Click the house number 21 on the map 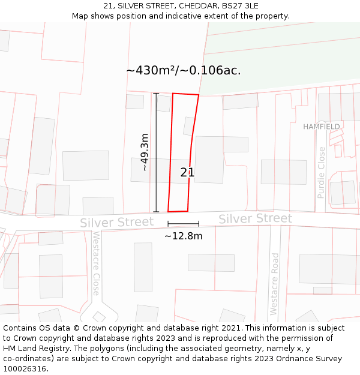click(187, 173)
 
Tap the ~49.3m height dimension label click(145, 152)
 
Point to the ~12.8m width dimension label click(184, 236)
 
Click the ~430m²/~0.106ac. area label click(183, 70)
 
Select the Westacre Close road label click(96, 263)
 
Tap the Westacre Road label click(275, 284)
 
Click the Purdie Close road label click(322, 172)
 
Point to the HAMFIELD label click(321, 127)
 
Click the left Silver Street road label click(117, 223)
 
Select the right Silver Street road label click(255, 219)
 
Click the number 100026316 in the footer click(25, 369)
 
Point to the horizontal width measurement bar click(183, 224)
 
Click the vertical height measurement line click(156, 152)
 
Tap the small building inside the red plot click(188, 126)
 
